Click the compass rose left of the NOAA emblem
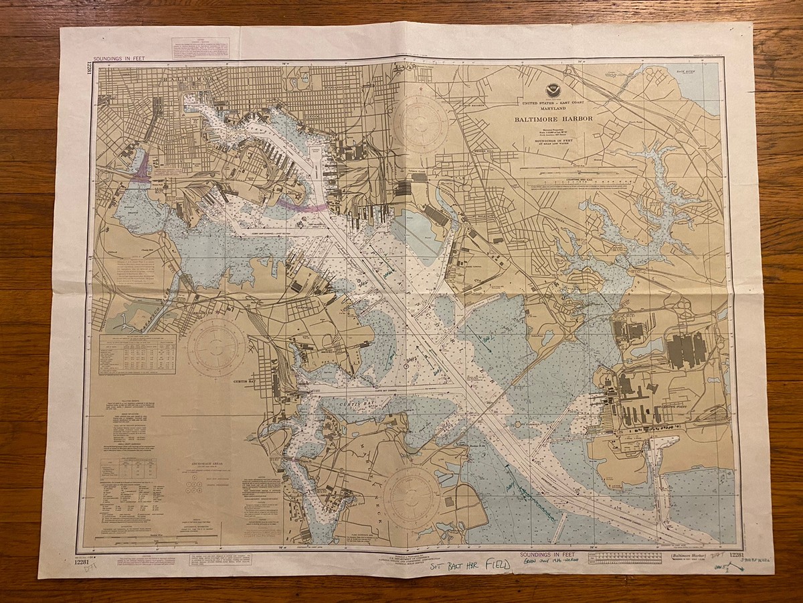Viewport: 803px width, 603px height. [x=420, y=122]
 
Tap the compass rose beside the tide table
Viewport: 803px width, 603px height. [x=216, y=346]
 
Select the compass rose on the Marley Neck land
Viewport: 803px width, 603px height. [x=412, y=496]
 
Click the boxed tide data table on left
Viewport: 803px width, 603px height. [x=137, y=354]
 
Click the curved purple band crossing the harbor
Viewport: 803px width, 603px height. [x=301, y=206]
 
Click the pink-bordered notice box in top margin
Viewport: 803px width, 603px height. [x=201, y=47]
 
